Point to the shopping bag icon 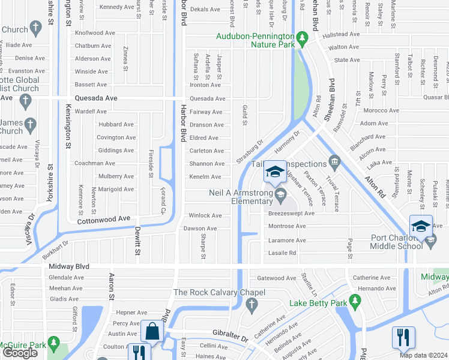(152, 332)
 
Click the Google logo (20, 353)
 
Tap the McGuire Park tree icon (54, 342)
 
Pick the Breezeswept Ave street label (291, 213)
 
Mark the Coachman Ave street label (94, 163)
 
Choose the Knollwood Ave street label (94, 33)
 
